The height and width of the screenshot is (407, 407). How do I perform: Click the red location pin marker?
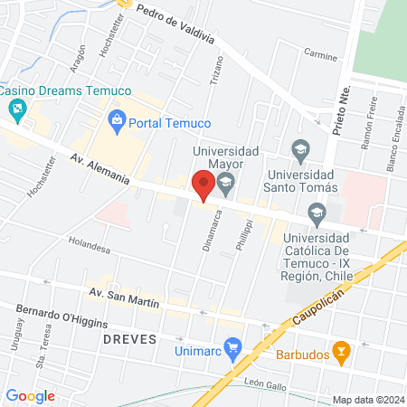(203, 186)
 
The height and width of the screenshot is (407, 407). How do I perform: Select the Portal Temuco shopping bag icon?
(117, 118)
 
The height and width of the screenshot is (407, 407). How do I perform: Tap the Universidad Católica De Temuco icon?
(317, 214)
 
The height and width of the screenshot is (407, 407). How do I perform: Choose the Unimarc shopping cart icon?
(234, 346)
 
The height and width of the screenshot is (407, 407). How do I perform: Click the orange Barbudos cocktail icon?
(342, 351)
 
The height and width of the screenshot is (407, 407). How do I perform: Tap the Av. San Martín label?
(124, 298)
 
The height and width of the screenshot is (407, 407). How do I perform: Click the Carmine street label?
(320, 57)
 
